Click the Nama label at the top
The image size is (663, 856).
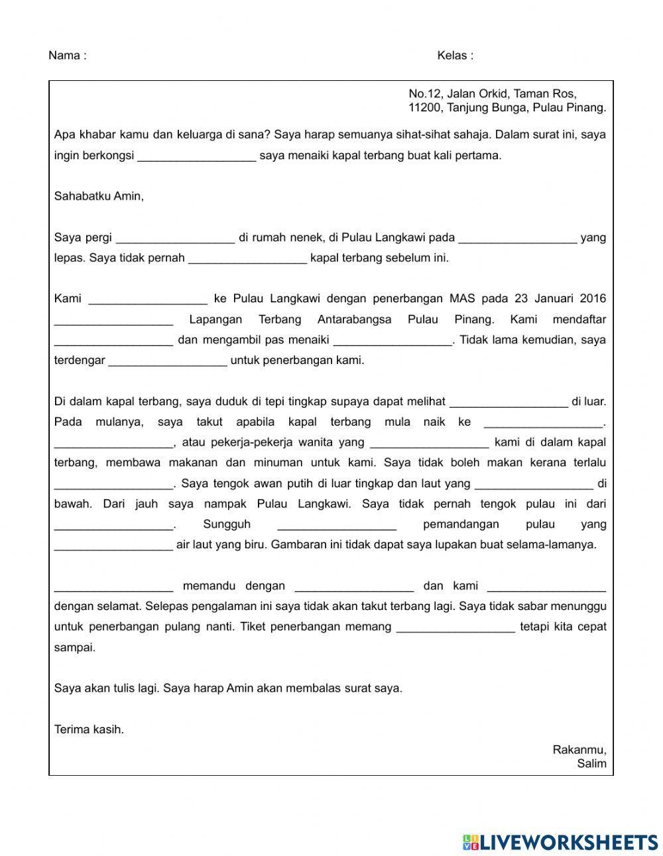(67, 56)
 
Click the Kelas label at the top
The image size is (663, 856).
(455, 56)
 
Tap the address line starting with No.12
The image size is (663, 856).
(492, 94)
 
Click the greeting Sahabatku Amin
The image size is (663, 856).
(99, 196)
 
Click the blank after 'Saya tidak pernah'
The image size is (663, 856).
(247, 259)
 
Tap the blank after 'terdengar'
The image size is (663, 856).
(167, 361)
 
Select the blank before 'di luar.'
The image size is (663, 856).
(509, 402)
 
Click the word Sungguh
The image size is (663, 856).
(227, 524)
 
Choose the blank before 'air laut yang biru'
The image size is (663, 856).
(113, 546)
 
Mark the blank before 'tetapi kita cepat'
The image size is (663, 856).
(455, 627)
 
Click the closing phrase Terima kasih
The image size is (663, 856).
(89, 729)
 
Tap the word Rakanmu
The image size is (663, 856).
(579, 750)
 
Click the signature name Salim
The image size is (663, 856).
(591, 763)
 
